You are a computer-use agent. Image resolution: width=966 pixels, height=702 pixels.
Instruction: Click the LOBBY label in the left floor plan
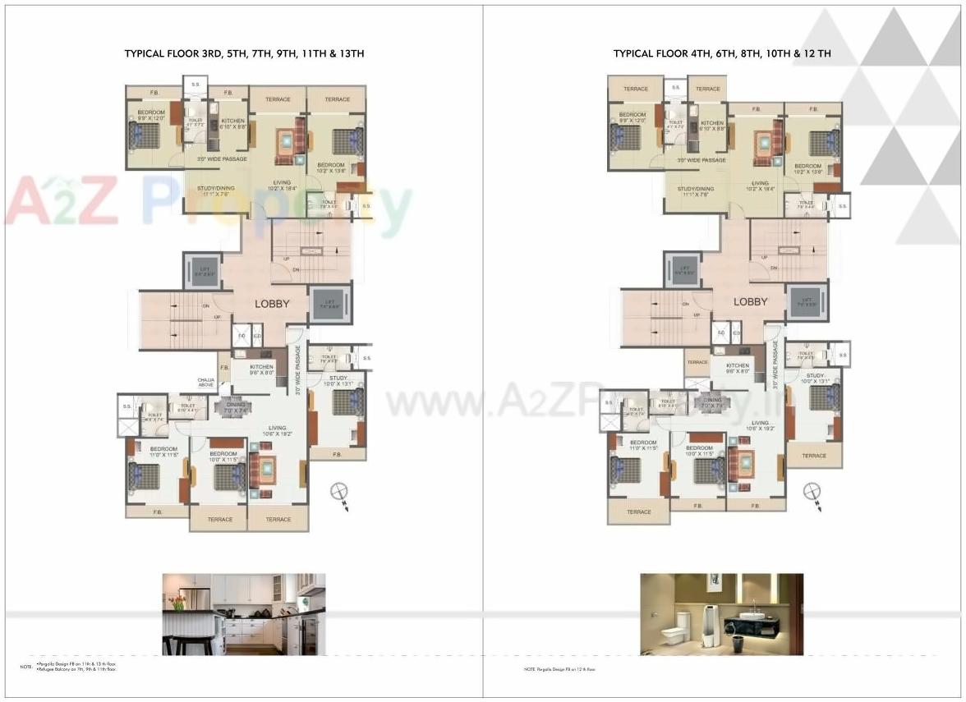[272, 303]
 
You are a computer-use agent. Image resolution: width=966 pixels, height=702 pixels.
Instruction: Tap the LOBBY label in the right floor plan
[750, 301]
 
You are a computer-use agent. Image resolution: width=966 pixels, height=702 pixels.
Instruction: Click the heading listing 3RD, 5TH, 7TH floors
[244, 53]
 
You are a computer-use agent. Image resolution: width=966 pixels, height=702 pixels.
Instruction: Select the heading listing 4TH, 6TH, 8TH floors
[722, 53]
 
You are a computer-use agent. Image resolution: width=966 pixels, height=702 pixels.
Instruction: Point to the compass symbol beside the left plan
[338, 493]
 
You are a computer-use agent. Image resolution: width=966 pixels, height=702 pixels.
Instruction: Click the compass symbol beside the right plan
[812, 492]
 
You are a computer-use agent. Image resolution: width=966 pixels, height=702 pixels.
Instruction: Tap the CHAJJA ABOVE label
[206, 382]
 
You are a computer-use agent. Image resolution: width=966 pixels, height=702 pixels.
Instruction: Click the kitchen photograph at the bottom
[243, 613]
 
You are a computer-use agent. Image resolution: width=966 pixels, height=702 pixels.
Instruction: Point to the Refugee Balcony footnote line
[77, 670]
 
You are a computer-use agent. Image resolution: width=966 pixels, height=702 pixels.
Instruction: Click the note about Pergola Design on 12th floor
[559, 670]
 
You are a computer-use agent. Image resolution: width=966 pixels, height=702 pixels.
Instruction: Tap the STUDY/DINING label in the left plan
[216, 190]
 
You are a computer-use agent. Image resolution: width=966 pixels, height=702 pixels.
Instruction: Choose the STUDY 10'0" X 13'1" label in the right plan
[815, 379]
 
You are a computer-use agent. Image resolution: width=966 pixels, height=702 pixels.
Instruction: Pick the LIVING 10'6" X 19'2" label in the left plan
[277, 430]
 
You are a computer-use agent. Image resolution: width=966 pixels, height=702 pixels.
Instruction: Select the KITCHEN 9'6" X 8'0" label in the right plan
[738, 368]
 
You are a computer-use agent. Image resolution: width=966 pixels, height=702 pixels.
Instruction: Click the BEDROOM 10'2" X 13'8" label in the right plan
[807, 169]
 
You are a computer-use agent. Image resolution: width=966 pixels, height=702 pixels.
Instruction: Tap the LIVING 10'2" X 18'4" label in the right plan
[760, 186]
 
